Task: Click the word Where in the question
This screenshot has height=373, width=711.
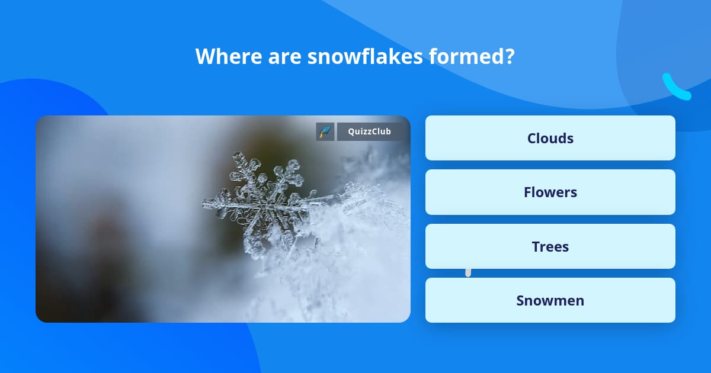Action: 229,56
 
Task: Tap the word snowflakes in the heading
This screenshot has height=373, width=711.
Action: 365,56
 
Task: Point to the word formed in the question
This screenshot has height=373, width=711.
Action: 465,56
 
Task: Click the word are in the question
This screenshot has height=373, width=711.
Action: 285,57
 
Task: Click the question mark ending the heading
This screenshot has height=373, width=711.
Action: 508,56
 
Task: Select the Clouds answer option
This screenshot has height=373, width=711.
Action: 550,138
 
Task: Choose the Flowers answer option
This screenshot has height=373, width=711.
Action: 550,192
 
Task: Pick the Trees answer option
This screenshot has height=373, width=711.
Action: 550,246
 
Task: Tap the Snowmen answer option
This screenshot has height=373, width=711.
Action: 550,300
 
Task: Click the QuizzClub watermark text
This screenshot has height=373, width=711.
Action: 369,131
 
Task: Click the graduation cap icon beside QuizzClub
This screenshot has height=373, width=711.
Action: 325,131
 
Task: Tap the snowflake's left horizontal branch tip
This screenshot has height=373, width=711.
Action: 204,203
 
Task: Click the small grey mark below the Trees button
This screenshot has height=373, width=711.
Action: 468,272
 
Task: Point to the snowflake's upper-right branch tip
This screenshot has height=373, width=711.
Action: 294,164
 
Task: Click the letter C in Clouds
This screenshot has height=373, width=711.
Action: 532,139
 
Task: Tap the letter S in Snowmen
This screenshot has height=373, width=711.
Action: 521,301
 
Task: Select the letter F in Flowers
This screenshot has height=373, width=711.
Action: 527,192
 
